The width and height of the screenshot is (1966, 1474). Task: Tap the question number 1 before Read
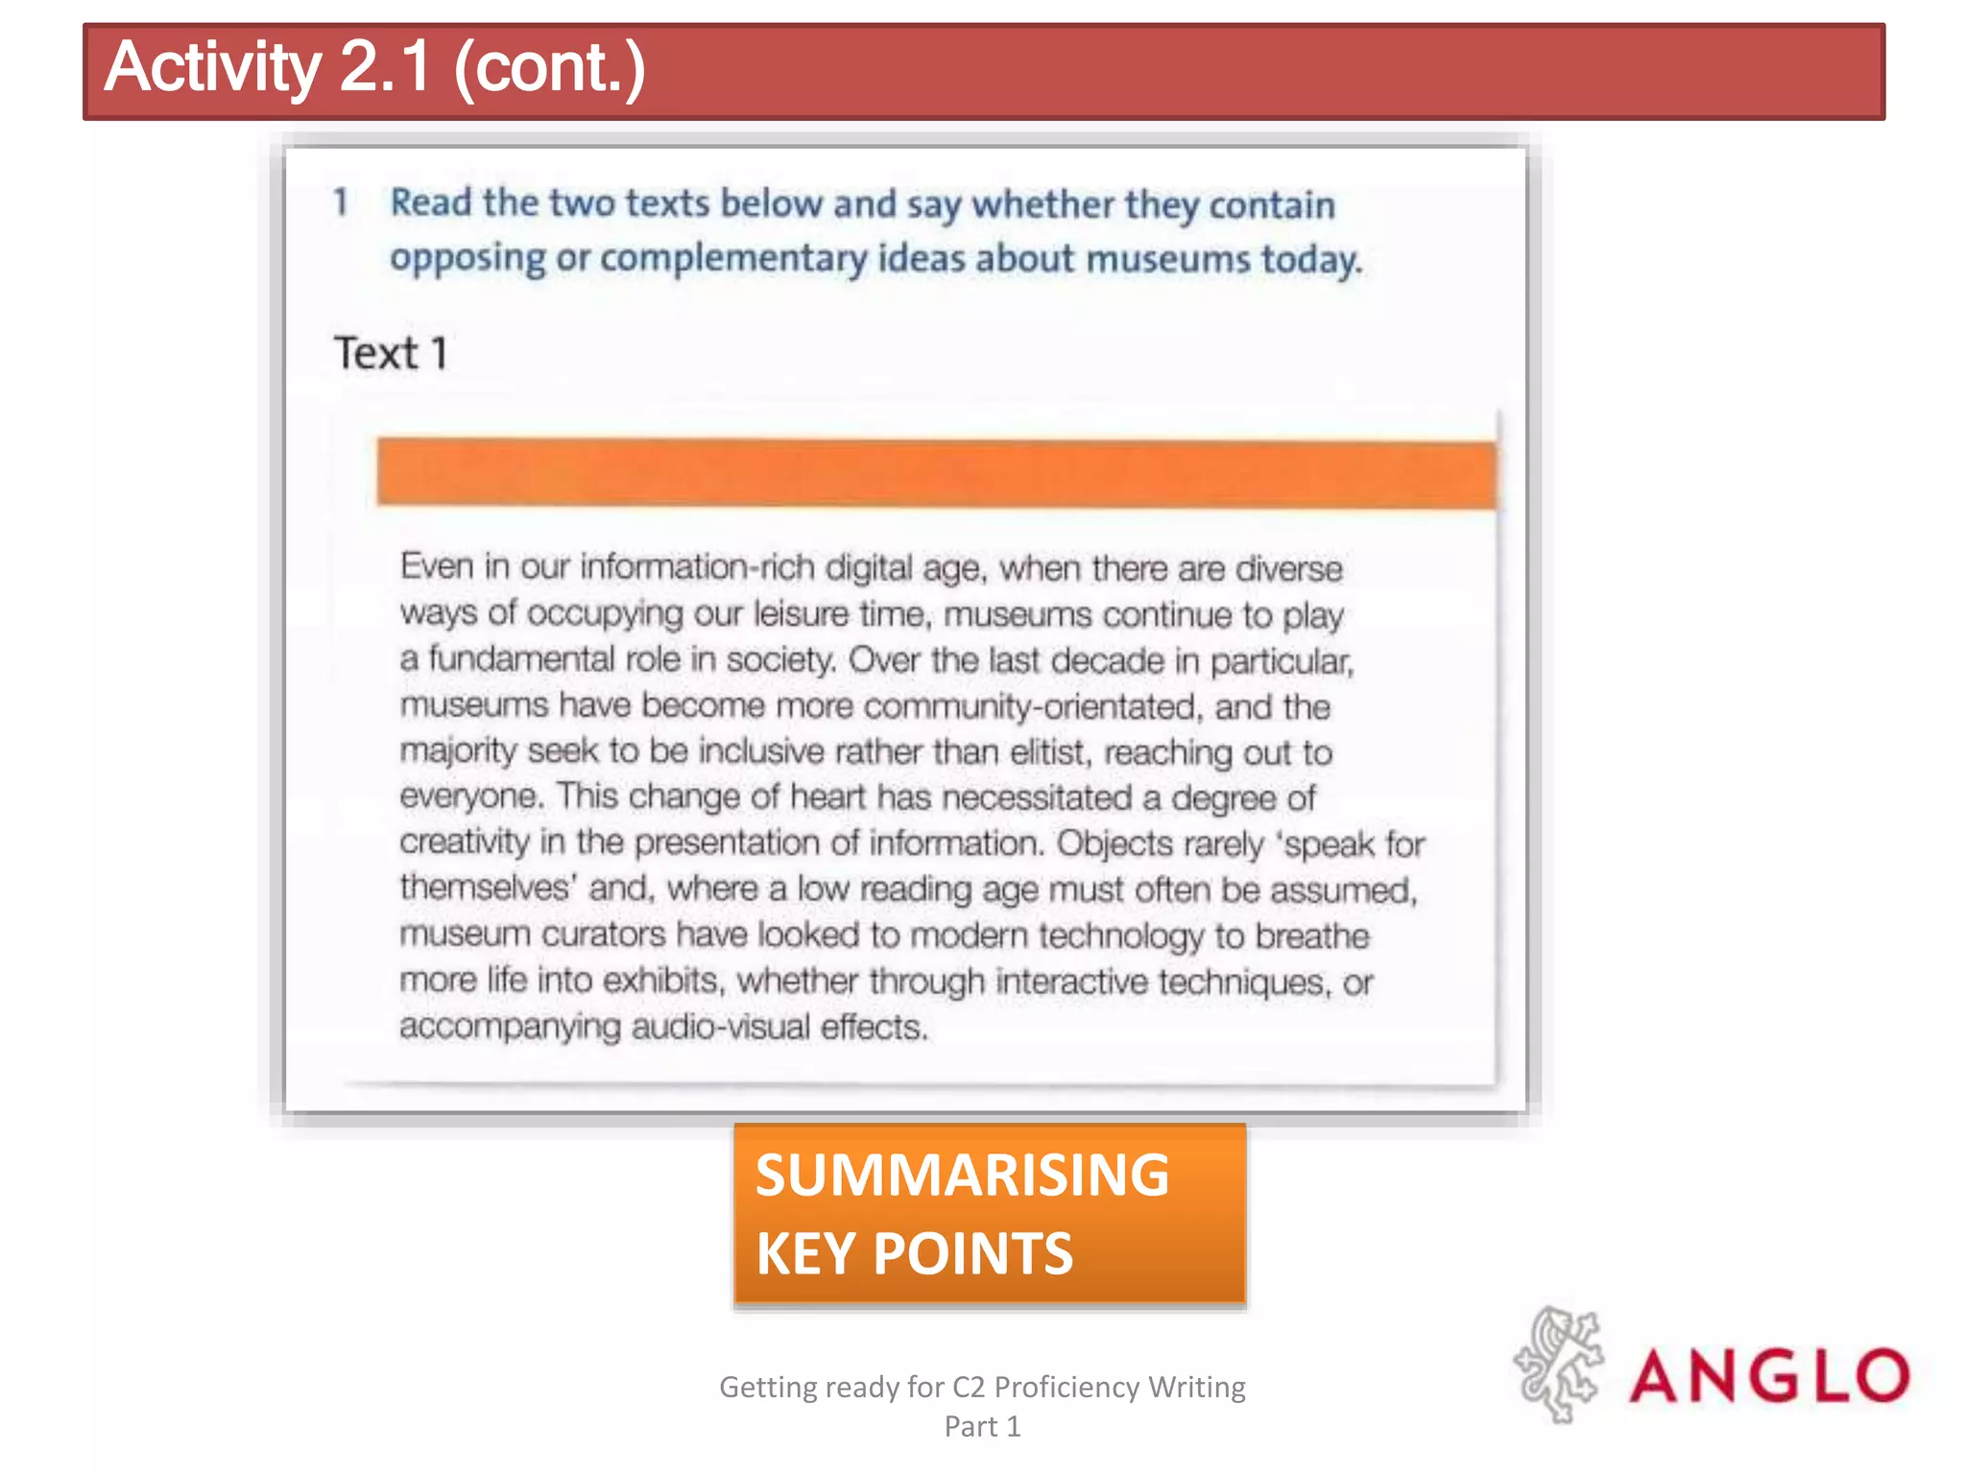(x=340, y=202)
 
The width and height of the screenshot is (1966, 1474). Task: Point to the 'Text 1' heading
(x=391, y=353)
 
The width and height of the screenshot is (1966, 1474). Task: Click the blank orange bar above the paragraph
(x=936, y=473)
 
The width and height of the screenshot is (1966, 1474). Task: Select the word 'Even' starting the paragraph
(x=437, y=566)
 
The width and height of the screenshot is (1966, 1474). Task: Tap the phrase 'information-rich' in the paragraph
(x=697, y=567)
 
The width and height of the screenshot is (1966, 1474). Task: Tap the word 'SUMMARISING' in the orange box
(x=962, y=1175)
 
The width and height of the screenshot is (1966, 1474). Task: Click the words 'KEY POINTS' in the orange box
(x=914, y=1253)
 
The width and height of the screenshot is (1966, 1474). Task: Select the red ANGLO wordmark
(x=1769, y=1375)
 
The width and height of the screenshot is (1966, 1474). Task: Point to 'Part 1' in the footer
(x=982, y=1426)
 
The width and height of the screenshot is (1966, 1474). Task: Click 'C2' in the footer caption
(x=969, y=1387)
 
